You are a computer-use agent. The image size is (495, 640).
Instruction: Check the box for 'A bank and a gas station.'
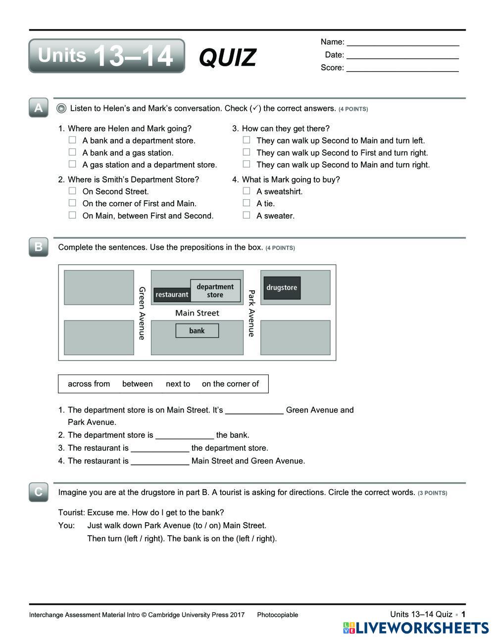[72, 152]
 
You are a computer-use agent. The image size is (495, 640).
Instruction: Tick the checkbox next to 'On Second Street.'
[72, 191]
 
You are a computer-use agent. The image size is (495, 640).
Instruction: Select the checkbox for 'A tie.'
[247, 203]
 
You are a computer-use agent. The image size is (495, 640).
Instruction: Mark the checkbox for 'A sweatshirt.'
[247, 191]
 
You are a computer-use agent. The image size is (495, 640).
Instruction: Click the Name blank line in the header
[402, 42]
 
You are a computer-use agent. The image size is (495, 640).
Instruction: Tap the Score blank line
[402, 68]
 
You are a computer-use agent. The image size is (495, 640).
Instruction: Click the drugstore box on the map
[282, 288]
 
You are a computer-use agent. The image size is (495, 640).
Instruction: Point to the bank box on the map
[197, 331]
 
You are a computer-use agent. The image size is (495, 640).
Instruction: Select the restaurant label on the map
[172, 295]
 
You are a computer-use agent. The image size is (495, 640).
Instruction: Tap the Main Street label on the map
[197, 313]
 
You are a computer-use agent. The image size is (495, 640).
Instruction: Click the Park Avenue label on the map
[251, 314]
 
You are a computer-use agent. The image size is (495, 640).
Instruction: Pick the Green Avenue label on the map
[142, 314]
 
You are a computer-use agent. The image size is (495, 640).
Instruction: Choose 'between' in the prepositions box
[137, 384]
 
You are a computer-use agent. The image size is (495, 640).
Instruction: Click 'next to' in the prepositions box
[178, 384]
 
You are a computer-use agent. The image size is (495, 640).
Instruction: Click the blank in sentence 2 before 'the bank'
[185, 435]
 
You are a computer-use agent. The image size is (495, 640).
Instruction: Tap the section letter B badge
[39, 247]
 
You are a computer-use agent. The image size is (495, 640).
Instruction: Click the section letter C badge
[39, 492]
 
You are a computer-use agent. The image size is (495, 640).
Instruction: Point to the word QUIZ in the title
[228, 57]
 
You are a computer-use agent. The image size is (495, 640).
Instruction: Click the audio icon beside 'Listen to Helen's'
[61, 108]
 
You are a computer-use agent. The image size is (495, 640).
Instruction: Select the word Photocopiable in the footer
[277, 615]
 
